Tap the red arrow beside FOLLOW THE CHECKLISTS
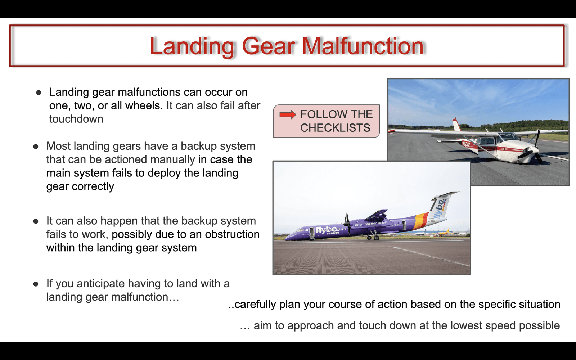[x=288, y=114]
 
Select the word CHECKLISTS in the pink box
[x=335, y=128]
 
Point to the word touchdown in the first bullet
[x=76, y=119]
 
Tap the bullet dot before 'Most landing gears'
[x=36, y=147]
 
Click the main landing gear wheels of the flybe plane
[x=373, y=238]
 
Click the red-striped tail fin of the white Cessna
[x=457, y=125]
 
